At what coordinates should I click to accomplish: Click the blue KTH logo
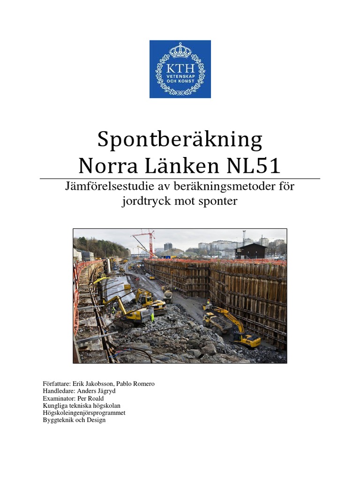(180, 69)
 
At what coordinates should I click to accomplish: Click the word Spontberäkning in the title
(180, 140)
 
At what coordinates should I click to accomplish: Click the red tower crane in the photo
(150, 242)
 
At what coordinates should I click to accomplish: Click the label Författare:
(56, 384)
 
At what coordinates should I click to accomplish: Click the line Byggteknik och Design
(74, 420)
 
